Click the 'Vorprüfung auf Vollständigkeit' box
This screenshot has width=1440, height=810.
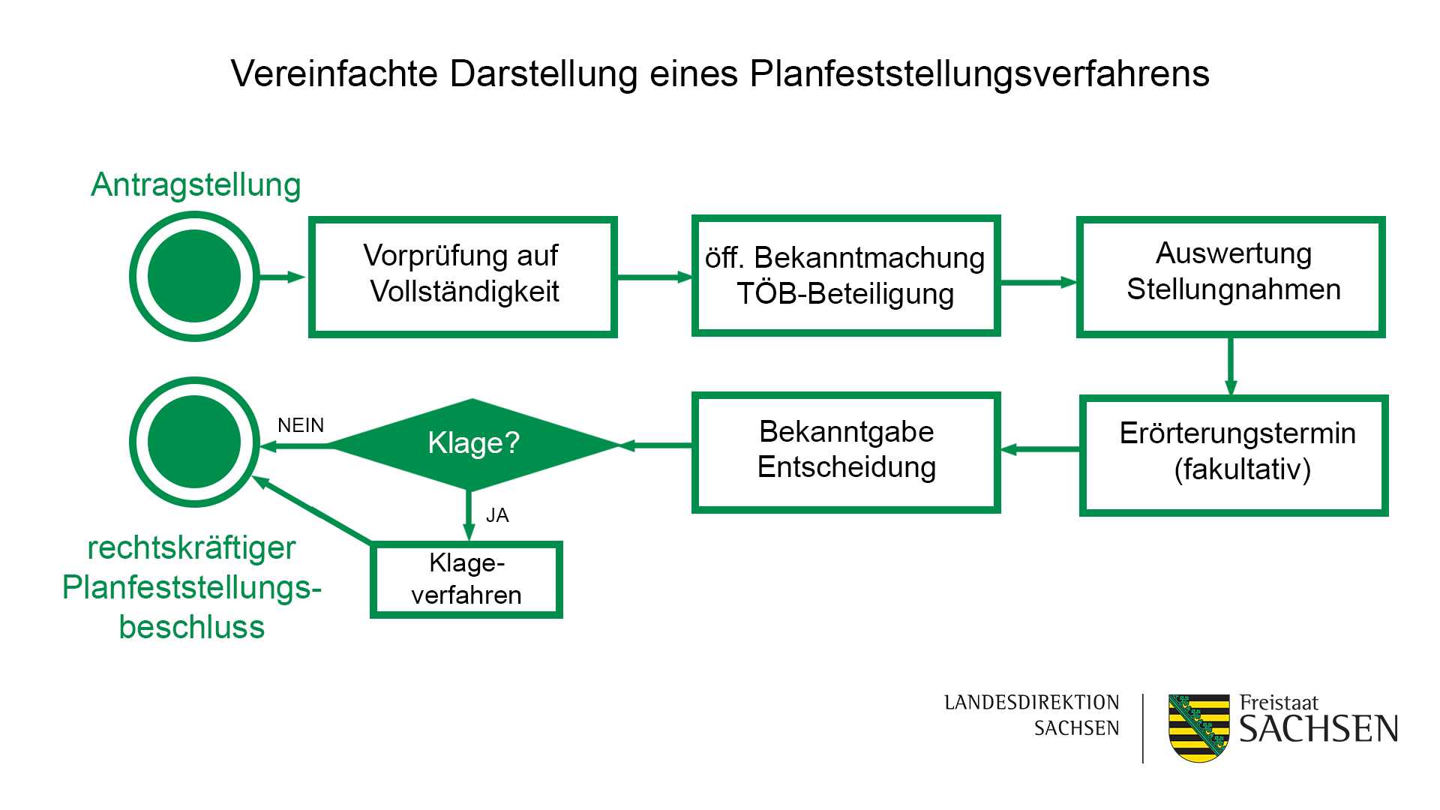463,277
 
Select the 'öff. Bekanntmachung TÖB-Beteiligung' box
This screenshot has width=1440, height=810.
845,276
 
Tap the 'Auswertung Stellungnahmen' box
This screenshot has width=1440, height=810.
1231,277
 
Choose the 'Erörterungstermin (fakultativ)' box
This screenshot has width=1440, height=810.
1234,455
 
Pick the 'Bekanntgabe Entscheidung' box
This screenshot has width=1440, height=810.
846,452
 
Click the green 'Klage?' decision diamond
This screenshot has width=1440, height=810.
472,443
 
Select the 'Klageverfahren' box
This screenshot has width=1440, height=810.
466,580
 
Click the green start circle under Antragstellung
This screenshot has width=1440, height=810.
194,276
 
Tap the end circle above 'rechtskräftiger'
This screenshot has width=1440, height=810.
194,442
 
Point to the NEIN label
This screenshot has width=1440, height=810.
301,426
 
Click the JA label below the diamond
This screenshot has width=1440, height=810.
497,516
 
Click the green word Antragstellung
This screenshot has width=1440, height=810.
196,184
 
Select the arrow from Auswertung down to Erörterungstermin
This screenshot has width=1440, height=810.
1231,366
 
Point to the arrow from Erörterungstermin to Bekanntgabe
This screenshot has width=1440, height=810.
1040,449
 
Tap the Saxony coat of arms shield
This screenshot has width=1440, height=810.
1198,728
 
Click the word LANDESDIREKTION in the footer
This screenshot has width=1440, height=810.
1031,703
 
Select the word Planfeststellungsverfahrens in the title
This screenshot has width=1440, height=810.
979,74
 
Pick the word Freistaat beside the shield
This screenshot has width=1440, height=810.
1279,703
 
